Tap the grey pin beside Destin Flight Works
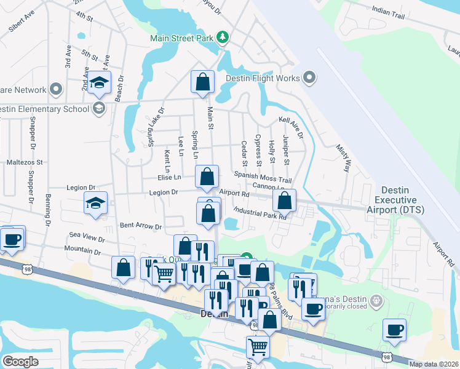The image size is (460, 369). point(309,78)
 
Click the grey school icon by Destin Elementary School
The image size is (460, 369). point(98,109)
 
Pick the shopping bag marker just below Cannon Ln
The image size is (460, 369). point(284,200)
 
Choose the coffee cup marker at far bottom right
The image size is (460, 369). point(394,330)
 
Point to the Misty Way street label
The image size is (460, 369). point(343,159)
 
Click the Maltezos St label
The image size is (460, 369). point(23,163)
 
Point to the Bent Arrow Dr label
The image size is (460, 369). point(140,226)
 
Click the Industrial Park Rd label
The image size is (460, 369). point(261,213)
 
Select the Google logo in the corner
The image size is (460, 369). point(20,362)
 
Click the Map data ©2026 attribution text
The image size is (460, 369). point(434,364)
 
